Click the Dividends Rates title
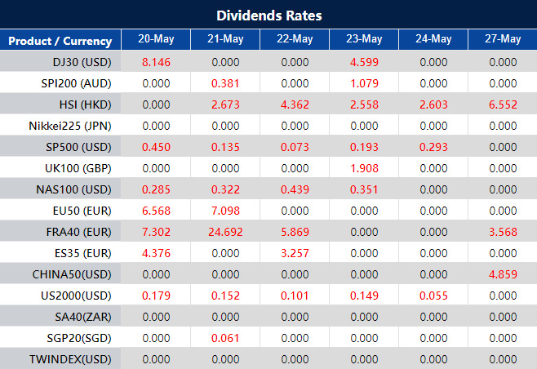[x=268, y=16]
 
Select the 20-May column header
[x=155, y=39]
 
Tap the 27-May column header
[x=502, y=39]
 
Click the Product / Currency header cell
[x=61, y=40]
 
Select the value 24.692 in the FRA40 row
[x=224, y=232]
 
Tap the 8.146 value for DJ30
[x=155, y=61]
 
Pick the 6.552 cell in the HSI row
[x=502, y=104]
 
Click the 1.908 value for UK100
[x=363, y=168]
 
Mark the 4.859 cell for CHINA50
[x=502, y=274]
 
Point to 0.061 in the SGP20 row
[x=224, y=338]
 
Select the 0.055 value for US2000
[x=433, y=296]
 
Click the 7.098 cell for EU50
[x=224, y=211]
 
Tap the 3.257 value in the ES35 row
[x=294, y=253]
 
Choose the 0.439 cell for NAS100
[x=294, y=189]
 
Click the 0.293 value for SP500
[x=433, y=147]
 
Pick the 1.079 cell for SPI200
[x=363, y=82]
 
